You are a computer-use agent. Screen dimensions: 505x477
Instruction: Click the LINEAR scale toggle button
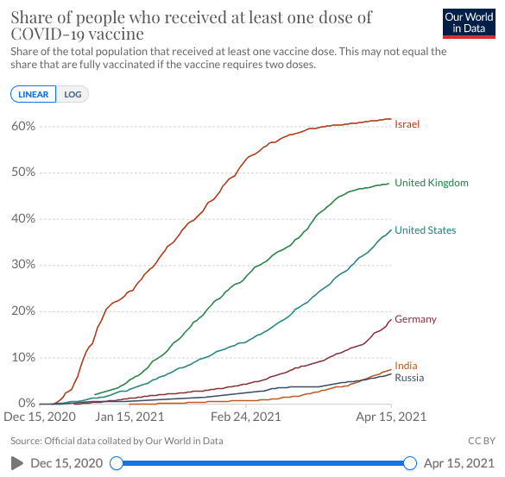pos(33,94)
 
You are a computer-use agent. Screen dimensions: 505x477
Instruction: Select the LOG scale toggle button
pos(73,94)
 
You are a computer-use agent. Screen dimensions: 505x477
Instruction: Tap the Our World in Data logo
pos(469,23)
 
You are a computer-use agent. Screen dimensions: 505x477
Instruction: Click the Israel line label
pos(407,124)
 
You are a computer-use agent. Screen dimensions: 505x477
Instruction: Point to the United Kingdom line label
pos(432,183)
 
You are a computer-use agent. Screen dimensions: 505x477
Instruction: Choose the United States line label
pos(426,230)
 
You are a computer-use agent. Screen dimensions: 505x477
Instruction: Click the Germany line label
pos(416,319)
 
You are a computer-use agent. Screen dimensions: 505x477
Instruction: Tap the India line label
pos(406,366)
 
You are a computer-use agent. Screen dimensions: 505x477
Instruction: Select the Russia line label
pos(409,378)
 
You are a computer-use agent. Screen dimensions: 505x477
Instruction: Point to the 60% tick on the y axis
pos(23,126)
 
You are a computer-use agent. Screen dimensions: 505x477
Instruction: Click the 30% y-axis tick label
pos(23,265)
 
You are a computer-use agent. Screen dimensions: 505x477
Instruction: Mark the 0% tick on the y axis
pos(27,403)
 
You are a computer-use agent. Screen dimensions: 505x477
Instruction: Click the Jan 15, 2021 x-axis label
pos(129,417)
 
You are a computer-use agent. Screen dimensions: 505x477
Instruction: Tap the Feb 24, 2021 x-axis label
pos(246,417)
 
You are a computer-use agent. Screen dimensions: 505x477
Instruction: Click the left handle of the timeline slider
pos(117,463)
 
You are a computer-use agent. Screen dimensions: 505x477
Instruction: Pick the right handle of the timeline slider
pos(410,463)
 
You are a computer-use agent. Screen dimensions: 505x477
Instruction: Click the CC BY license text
pos(482,441)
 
